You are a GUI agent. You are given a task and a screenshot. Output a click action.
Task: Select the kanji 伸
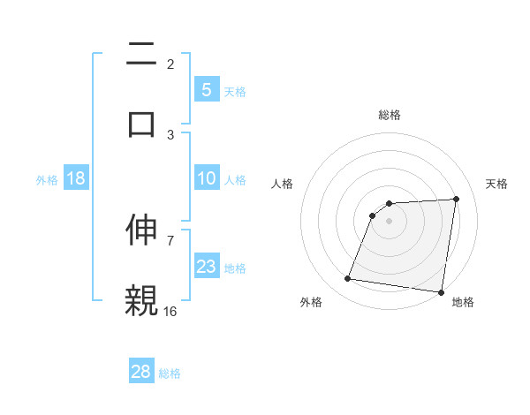141,229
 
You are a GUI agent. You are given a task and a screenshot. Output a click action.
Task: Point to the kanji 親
141,299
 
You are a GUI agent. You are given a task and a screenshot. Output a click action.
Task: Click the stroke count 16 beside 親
170,311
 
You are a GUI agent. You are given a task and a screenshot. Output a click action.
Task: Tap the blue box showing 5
206,89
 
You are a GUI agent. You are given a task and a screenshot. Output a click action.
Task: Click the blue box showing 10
206,178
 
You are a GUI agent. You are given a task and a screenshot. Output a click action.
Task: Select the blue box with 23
206,267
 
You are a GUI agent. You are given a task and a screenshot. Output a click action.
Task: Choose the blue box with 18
76,178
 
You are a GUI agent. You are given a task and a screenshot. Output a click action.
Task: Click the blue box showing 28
141,372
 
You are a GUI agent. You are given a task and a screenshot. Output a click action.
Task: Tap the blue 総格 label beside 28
170,373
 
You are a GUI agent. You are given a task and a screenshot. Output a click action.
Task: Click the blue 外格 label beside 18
47,179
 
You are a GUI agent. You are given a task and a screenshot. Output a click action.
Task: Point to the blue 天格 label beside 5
235,91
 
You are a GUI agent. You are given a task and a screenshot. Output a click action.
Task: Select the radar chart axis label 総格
389,115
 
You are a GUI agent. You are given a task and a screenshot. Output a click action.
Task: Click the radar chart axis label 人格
283,184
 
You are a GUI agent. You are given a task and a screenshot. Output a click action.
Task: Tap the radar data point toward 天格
456,199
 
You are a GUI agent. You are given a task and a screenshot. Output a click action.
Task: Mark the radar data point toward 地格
441,292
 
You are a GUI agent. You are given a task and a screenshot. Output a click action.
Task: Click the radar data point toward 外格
347,279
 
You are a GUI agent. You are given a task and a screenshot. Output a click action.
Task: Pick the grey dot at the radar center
389,221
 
